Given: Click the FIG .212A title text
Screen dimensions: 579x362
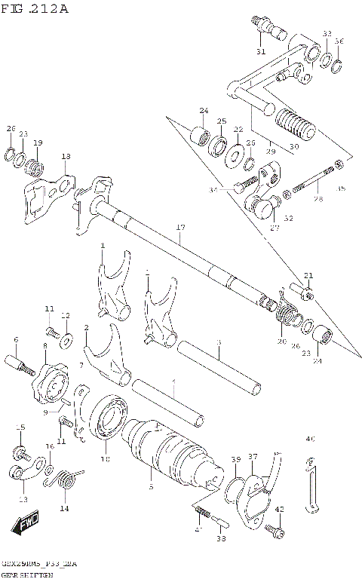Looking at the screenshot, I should (35, 9).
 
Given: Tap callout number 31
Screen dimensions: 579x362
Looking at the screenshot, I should (260, 51).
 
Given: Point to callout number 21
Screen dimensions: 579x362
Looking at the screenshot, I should (308, 275).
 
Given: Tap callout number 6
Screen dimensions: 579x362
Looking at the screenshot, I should (14, 339).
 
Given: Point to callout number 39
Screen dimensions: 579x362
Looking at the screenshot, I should (235, 459).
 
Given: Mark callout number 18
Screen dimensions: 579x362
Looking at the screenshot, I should (66, 156).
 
